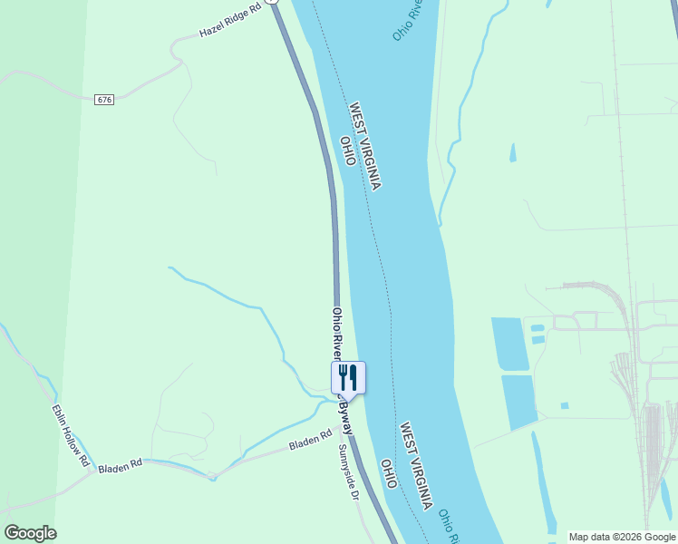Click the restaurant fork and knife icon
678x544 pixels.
(x=348, y=376)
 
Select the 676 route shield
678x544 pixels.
(x=103, y=99)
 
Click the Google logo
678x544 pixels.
(x=30, y=533)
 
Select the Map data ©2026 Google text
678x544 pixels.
(x=623, y=537)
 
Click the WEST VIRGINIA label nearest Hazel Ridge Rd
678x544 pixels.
(x=365, y=145)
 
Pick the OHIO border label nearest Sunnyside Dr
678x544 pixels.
(x=389, y=473)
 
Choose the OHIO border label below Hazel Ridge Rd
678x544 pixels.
(x=347, y=151)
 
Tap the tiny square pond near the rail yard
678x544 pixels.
(x=565, y=405)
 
